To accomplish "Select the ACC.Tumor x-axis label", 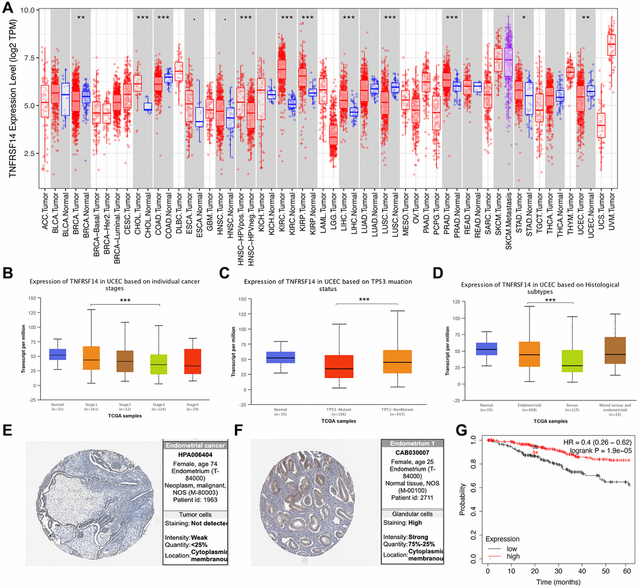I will tap(44, 214).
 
